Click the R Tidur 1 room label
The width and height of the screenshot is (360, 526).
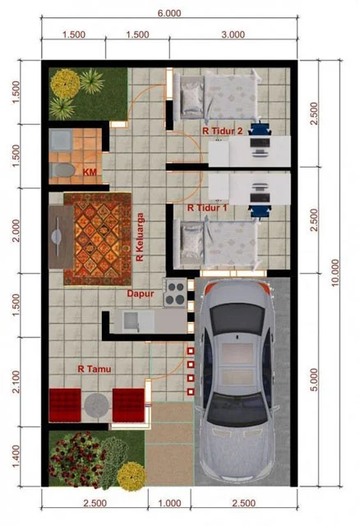(208, 209)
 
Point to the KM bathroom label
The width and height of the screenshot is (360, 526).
(90, 172)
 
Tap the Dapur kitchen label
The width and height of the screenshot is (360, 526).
(141, 293)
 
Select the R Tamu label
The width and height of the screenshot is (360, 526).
(95, 369)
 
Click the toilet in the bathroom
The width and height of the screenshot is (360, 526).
(60, 169)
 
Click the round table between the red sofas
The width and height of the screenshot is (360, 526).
(97, 404)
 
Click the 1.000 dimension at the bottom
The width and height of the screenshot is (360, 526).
(169, 502)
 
